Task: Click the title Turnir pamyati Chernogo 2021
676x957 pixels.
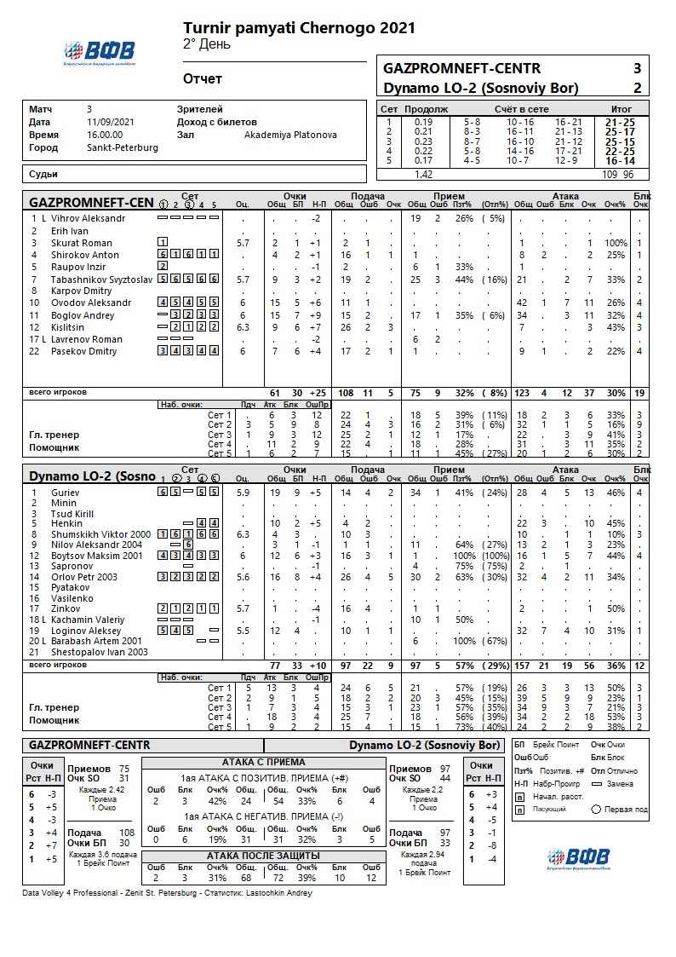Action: point(299,28)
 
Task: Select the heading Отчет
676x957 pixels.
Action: point(203,79)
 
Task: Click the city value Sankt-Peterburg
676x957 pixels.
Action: point(122,147)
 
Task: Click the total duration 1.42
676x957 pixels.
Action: point(423,174)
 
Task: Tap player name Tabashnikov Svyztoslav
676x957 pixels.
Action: point(91,279)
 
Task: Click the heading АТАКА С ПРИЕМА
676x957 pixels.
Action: point(263,762)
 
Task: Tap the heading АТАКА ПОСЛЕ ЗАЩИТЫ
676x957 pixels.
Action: point(263,855)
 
